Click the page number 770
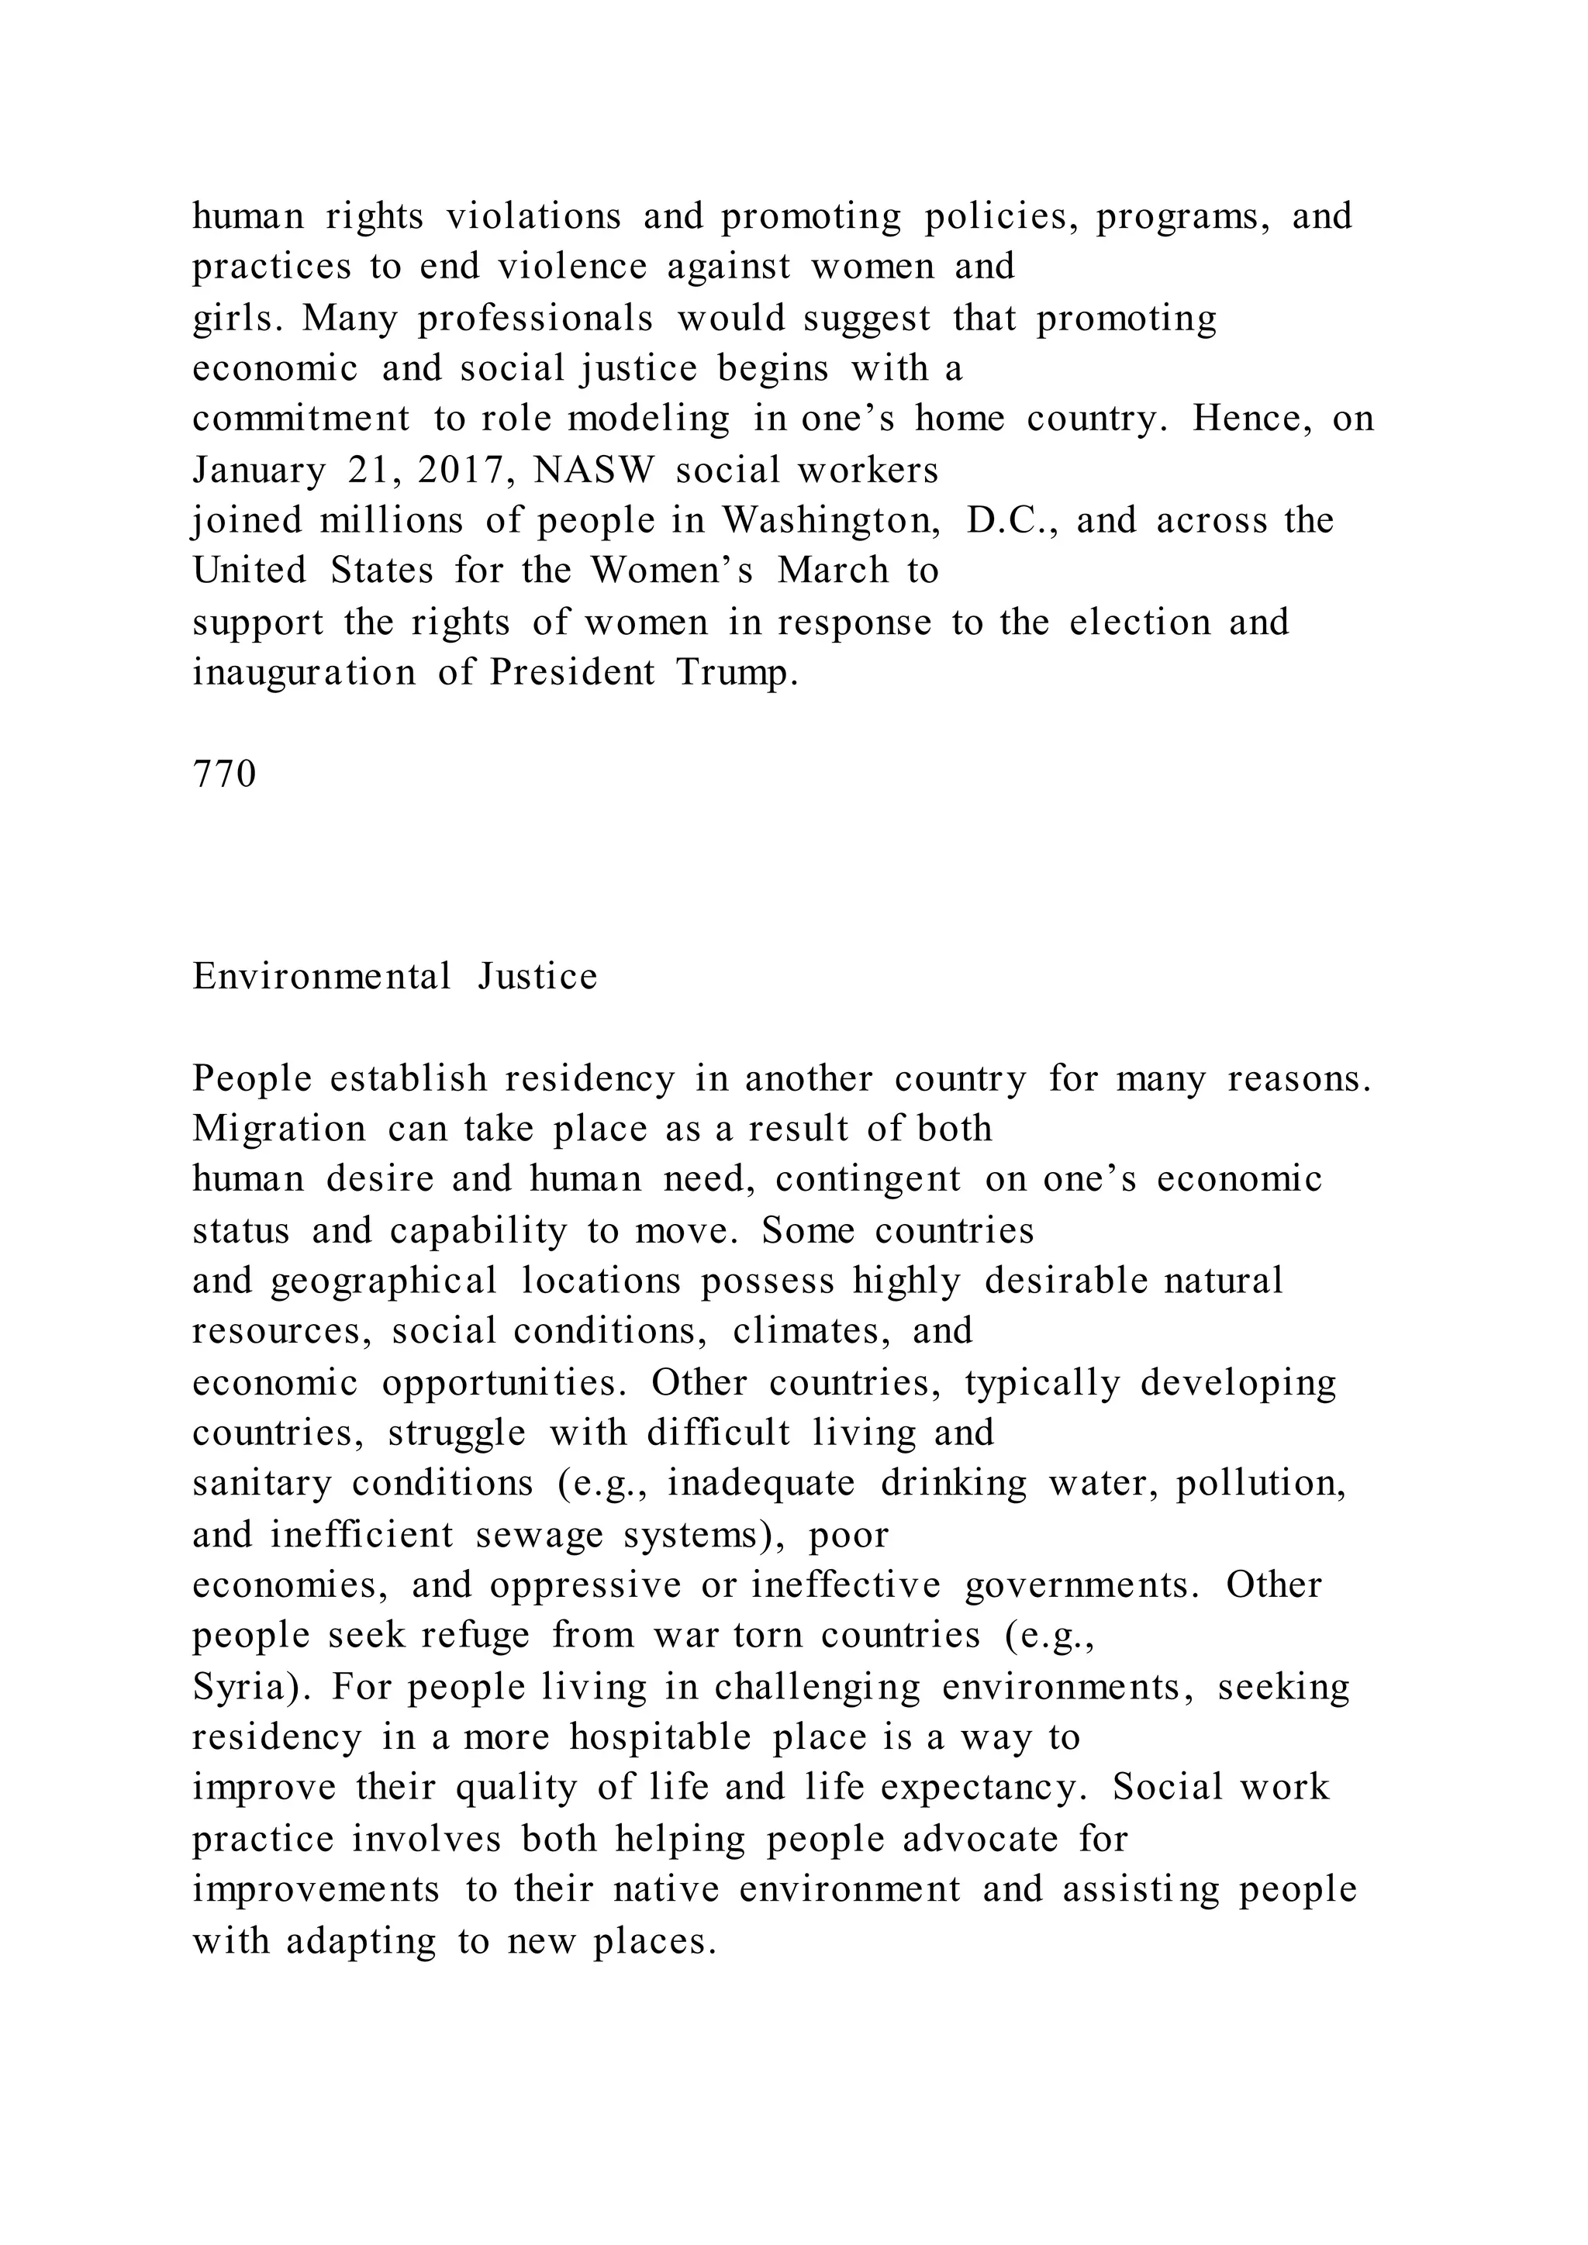(224, 774)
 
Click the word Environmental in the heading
(322, 977)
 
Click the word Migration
(278, 1129)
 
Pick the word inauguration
(304, 673)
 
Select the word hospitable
(660, 1737)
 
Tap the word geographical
(383, 1281)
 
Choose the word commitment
(301, 419)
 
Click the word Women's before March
(671, 571)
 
